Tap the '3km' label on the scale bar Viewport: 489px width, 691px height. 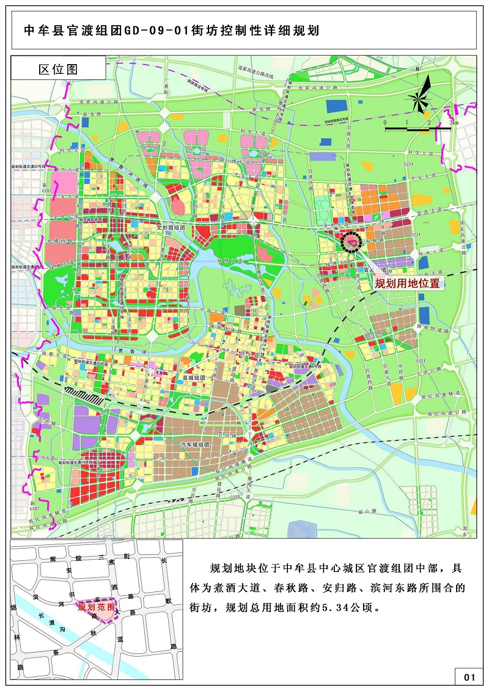pyautogui.click(x=453, y=123)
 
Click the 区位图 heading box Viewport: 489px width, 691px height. pyautogui.click(x=59, y=69)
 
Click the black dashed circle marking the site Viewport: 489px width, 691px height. pyautogui.click(x=352, y=243)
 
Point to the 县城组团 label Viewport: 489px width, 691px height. pyautogui.click(x=196, y=378)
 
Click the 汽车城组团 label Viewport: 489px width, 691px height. pyautogui.click(x=195, y=445)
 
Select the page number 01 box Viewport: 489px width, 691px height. pyautogui.click(x=469, y=677)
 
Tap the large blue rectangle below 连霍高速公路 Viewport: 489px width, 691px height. pyautogui.click(x=336, y=106)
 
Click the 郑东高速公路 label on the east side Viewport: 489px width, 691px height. pyautogui.click(x=463, y=229)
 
